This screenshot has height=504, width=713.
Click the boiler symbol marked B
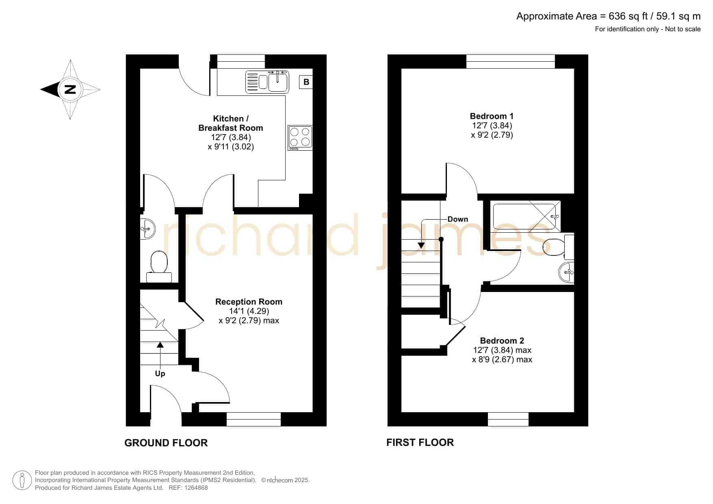click(x=306, y=82)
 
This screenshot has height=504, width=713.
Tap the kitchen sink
click(x=267, y=82)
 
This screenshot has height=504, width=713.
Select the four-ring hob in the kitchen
click(x=300, y=138)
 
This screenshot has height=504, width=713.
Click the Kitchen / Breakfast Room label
click(x=231, y=123)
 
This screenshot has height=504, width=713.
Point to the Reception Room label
click(x=249, y=302)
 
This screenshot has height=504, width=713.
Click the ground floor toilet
click(x=159, y=266)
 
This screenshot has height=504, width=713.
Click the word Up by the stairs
click(x=160, y=374)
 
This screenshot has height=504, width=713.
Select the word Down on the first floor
click(x=458, y=219)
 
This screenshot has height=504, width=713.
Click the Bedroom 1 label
click(x=492, y=116)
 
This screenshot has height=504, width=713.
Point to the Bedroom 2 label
click(x=502, y=341)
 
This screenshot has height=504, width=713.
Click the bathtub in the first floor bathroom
click(x=527, y=216)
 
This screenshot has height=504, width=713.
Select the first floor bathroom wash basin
click(x=566, y=272)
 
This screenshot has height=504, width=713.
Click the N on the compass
click(x=70, y=89)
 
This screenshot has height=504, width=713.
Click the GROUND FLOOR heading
click(x=166, y=443)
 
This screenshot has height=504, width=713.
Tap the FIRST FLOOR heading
click(x=420, y=442)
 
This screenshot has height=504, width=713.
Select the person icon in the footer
click(x=22, y=480)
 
